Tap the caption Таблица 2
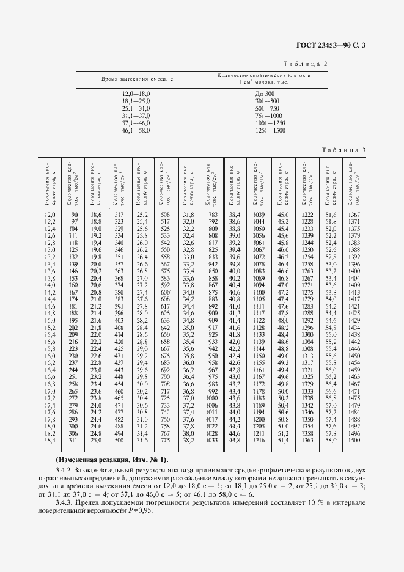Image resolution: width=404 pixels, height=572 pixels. (306, 64)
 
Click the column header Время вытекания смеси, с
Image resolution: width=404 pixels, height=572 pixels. (138, 79)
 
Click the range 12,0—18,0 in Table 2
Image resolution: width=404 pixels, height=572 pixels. (136, 94)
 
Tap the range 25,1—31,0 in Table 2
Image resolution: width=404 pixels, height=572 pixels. (136, 108)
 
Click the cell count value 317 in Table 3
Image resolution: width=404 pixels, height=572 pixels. (119, 215)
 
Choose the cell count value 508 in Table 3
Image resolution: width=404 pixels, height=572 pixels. (164, 215)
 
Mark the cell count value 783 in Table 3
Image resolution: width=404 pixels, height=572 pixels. (213, 215)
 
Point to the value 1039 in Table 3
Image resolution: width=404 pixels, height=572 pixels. (258, 215)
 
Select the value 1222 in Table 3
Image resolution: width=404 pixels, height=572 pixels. (307, 215)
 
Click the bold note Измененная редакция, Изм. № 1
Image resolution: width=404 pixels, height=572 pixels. (112, 459)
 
